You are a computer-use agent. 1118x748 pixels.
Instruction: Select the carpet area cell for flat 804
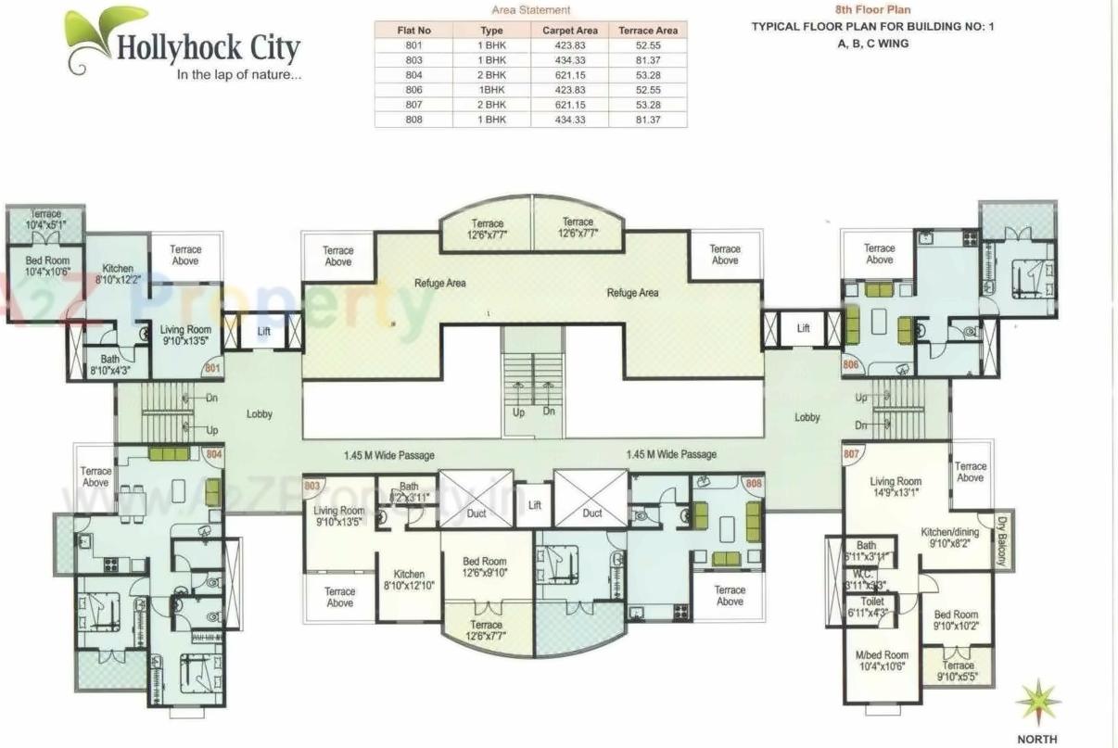click(569, 74)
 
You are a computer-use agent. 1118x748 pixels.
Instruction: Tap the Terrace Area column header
click(647, 30)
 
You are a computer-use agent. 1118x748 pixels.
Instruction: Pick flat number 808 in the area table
click(413, 120)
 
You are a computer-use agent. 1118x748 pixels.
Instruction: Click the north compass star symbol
click(1037, 701)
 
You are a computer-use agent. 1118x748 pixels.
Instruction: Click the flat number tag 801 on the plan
click(212, 368)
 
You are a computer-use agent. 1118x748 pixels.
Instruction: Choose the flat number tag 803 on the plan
click(312, 486)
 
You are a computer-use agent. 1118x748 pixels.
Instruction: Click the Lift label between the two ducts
click(535, 506)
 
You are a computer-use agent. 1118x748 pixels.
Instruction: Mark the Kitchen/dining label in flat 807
click(952, 539)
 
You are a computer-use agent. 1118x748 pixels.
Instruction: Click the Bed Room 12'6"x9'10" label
click(486, 567)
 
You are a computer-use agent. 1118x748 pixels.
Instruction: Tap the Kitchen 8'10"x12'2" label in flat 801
click(119, 273)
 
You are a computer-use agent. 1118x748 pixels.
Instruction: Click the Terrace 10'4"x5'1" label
click(45, 219)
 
